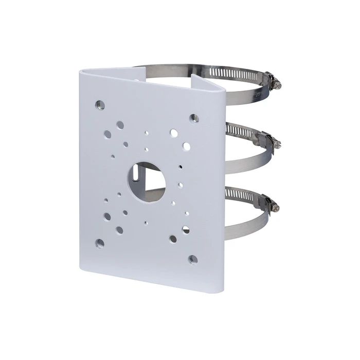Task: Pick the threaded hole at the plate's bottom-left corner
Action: coord(100,242)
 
